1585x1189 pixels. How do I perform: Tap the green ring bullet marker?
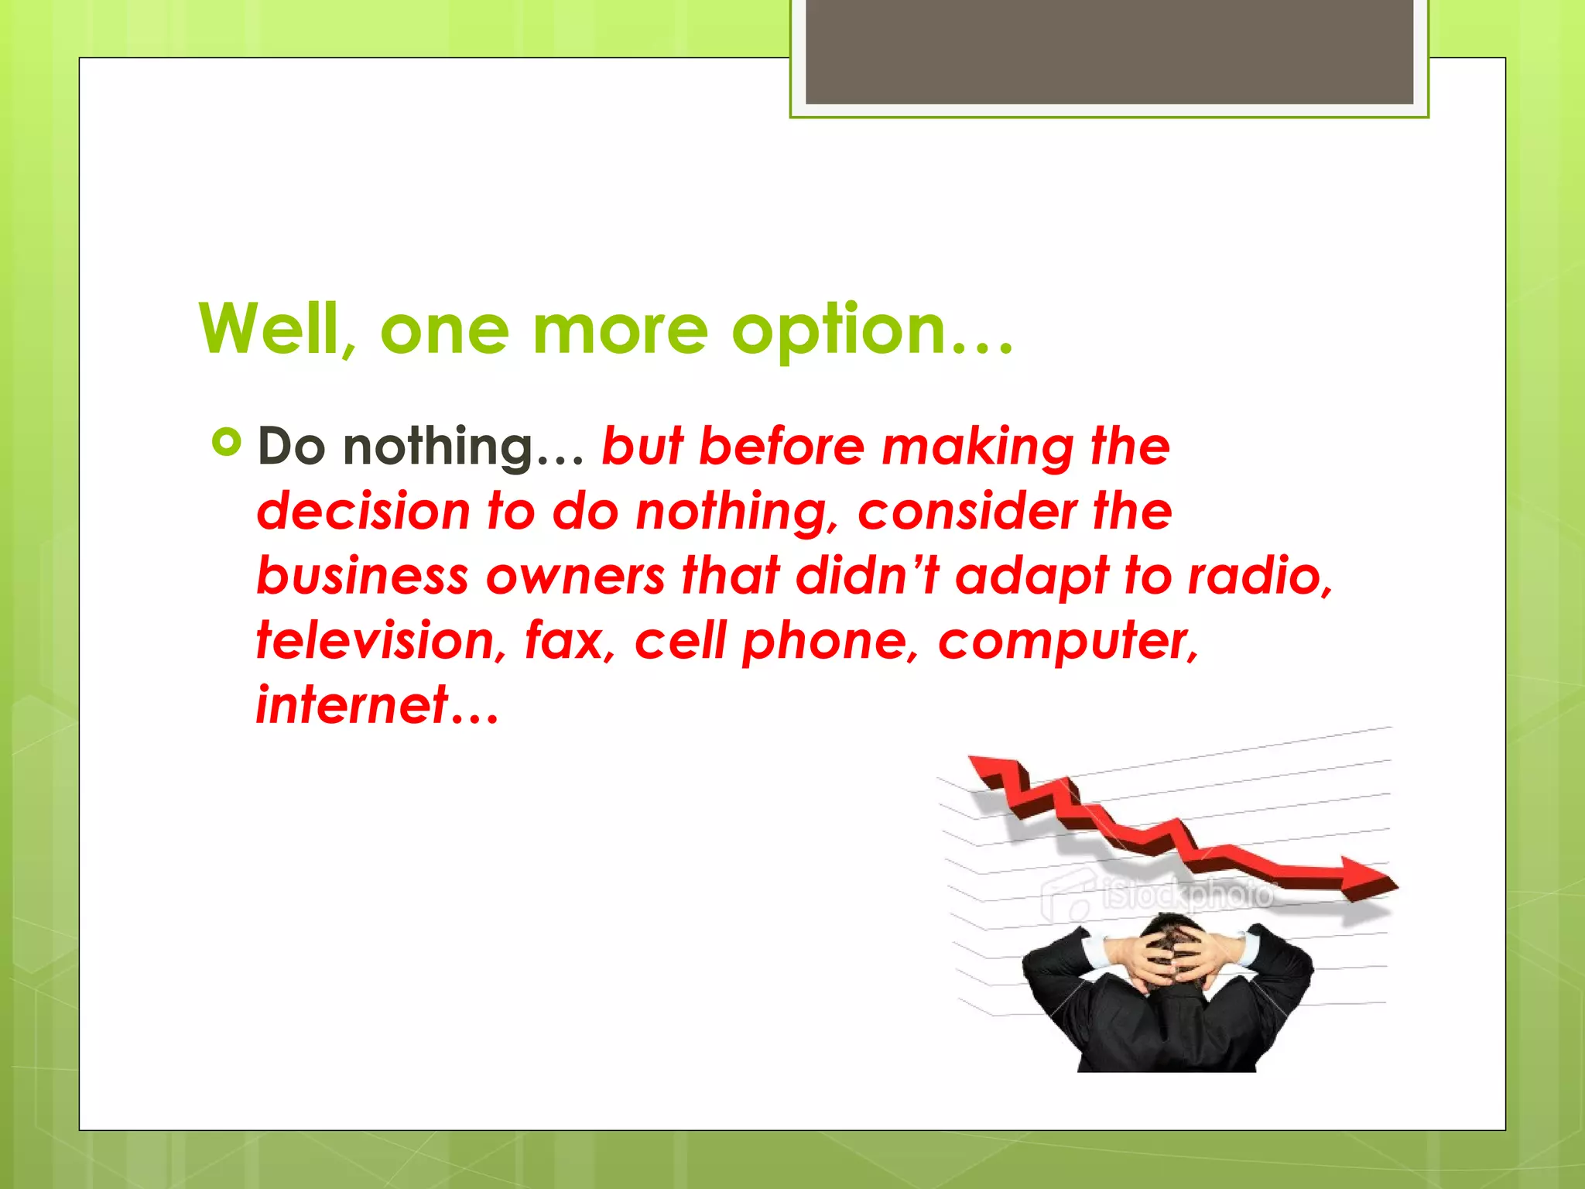point(226,443)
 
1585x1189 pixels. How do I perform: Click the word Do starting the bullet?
point(291,447)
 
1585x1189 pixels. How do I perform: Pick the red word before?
point(781,447)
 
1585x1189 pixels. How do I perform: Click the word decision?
point(363,512)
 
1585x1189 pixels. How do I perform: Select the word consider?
point(967,512)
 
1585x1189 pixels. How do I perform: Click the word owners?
point(575,577)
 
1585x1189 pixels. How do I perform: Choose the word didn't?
point(867,577)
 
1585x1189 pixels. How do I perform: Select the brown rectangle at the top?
point(1109,51)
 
